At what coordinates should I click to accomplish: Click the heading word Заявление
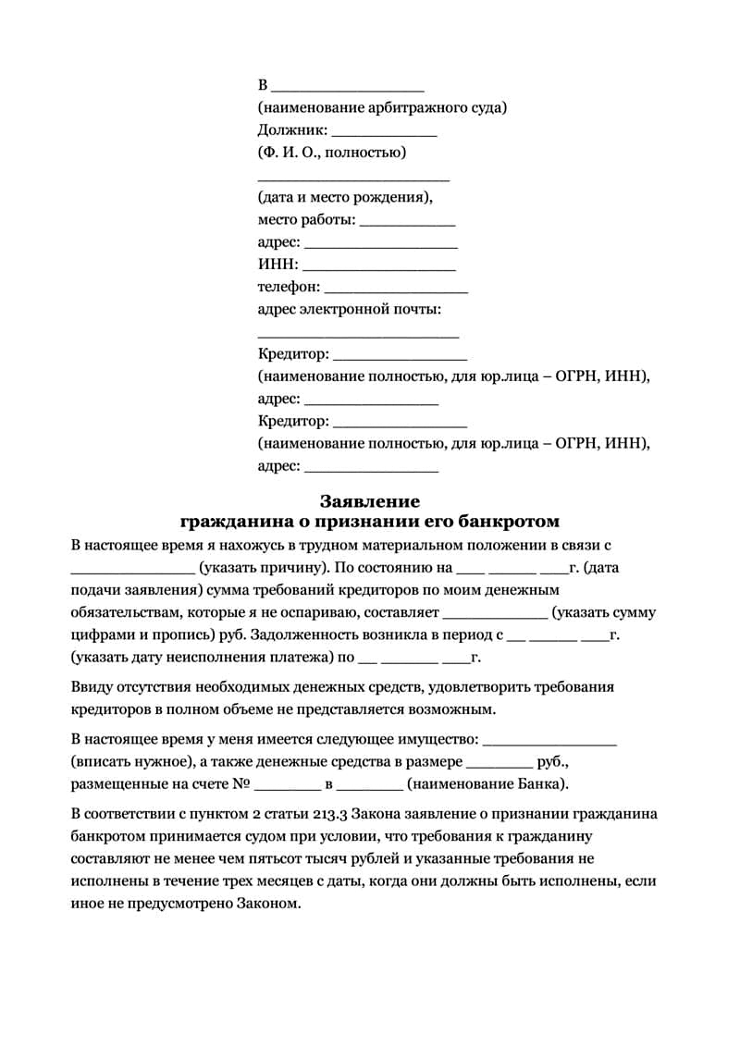370,501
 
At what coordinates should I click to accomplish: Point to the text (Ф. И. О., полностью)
332,153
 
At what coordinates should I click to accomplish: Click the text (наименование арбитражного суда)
382,108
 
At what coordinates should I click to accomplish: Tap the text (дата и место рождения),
345,197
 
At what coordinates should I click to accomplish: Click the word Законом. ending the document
269,903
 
